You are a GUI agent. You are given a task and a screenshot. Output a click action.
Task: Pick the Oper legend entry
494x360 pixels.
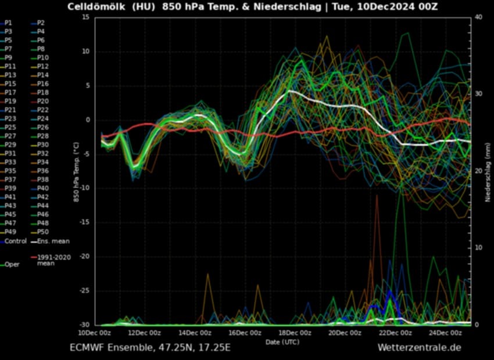[12, 265]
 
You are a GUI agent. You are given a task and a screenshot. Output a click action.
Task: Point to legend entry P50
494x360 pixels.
[42, 232]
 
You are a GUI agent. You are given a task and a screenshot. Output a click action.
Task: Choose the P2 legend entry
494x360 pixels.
[41, 23]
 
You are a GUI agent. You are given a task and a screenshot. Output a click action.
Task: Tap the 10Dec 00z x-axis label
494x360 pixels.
[94, 333]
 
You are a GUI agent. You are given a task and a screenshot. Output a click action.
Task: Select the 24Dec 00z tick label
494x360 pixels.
[445, 333]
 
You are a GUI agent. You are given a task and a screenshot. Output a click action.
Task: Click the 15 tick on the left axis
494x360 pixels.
[85, 17]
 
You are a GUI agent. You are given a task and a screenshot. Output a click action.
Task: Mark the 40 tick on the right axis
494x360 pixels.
[478, 17]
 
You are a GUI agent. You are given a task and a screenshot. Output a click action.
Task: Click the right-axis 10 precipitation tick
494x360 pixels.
[478, 248]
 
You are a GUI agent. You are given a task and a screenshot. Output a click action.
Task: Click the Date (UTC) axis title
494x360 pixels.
[282, 342]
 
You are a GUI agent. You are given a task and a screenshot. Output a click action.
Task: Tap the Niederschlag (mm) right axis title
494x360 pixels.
[489, 171]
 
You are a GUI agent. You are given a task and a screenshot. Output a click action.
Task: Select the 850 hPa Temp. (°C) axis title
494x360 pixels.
[76, 171]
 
